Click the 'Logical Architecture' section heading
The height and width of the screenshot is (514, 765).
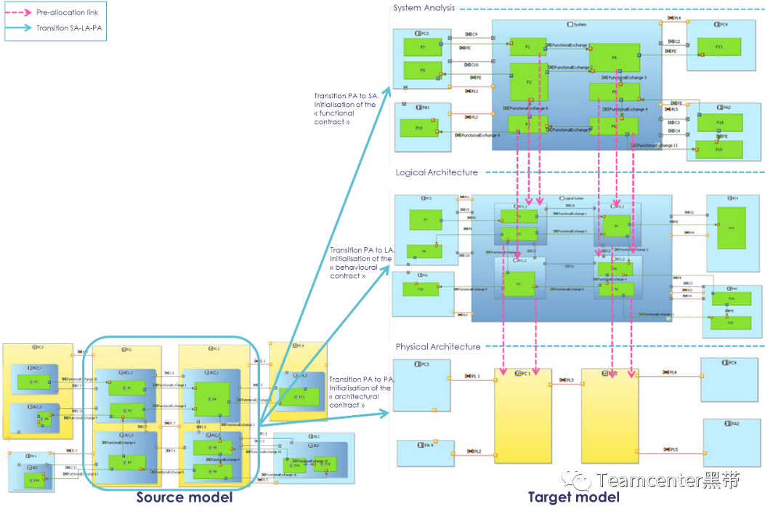(437, 172)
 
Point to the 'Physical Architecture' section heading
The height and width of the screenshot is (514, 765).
(438, 347)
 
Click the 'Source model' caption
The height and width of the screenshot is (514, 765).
(185, 498)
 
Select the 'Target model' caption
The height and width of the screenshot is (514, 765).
(573, 498)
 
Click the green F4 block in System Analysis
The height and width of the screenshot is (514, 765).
(614, 57)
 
